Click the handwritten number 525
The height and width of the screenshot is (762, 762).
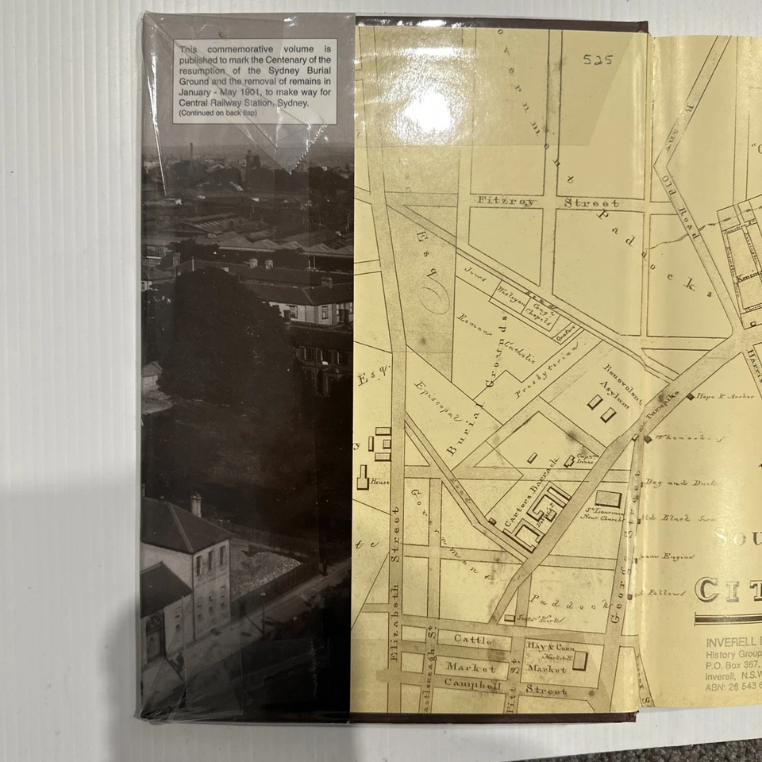pyautogui.click(x=598, y=60)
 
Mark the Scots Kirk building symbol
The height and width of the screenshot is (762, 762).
pyautogui.click(x=509, y=617)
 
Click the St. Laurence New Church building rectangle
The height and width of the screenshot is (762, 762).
pyautogui.click(x=608, y=498)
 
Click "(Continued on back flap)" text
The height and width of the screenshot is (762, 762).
pyautogui.click(x=222, y=113)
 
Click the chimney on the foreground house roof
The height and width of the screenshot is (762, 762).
pyautogui.click(x=195, y=504)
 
